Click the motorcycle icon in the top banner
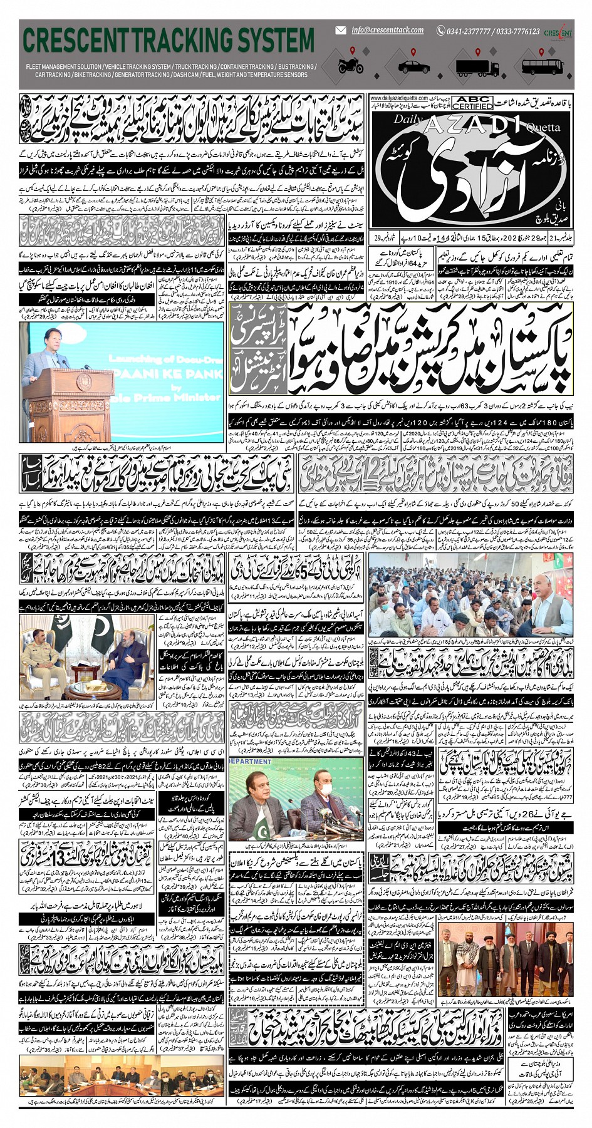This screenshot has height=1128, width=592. pyautogui.click(x=351, y=64)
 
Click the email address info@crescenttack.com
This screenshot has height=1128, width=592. pyautogui.click(x=387, y=30)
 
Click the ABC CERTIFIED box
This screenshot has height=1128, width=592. pyautogui.click(x=472, y=103)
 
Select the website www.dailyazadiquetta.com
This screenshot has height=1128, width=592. pyautogui.click(x=398, y=98)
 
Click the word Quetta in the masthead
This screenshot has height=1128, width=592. pyautogui.click(x=543, y=128)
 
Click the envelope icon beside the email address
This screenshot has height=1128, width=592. pyautogui.click(x=341, y=30)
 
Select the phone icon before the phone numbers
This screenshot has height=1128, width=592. pyautogui.click(x=440, y=31)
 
